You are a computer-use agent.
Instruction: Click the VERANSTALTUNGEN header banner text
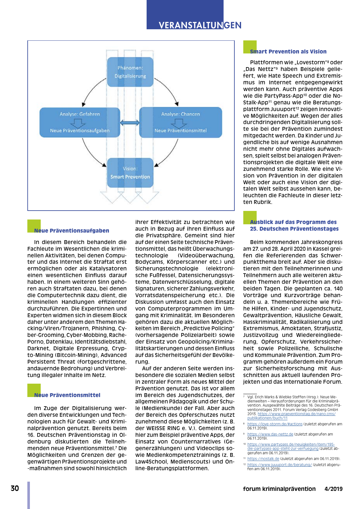200,25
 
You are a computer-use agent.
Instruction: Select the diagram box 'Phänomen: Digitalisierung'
130,72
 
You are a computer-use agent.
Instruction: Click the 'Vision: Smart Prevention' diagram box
130,173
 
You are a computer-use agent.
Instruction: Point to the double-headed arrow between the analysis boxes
130,122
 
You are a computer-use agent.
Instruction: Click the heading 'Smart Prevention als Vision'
288,52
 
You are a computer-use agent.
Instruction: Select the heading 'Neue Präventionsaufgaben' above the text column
72,231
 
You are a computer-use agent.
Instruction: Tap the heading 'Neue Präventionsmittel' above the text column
67,395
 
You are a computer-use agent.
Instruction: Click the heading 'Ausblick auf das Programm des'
293,222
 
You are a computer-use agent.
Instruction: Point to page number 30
15,488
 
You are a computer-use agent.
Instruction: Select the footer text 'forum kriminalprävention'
279,489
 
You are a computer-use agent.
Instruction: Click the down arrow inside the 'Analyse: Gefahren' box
78,122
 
